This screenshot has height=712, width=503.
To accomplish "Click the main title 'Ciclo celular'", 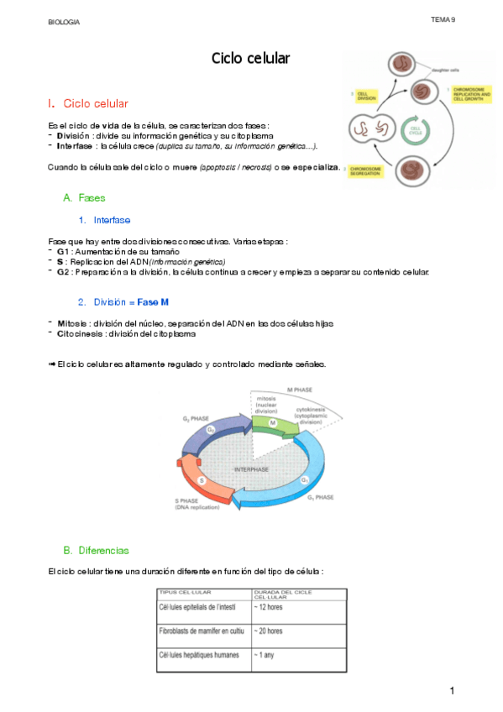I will coord(250,58).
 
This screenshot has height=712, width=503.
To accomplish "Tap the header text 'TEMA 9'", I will coord(443,18).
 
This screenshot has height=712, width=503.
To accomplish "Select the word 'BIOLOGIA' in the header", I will coord(64,23).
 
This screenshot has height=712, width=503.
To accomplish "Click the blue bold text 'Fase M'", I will coord(159,301).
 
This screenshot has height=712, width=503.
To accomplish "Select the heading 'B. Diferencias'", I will coord(96,551).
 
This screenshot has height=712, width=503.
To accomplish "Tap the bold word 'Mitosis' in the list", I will coord(72,323).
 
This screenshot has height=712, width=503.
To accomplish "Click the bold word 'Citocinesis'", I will coord(81,333).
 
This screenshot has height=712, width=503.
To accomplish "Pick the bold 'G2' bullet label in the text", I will coord(63,271).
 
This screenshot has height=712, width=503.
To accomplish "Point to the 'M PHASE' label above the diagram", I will coord(301,390).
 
